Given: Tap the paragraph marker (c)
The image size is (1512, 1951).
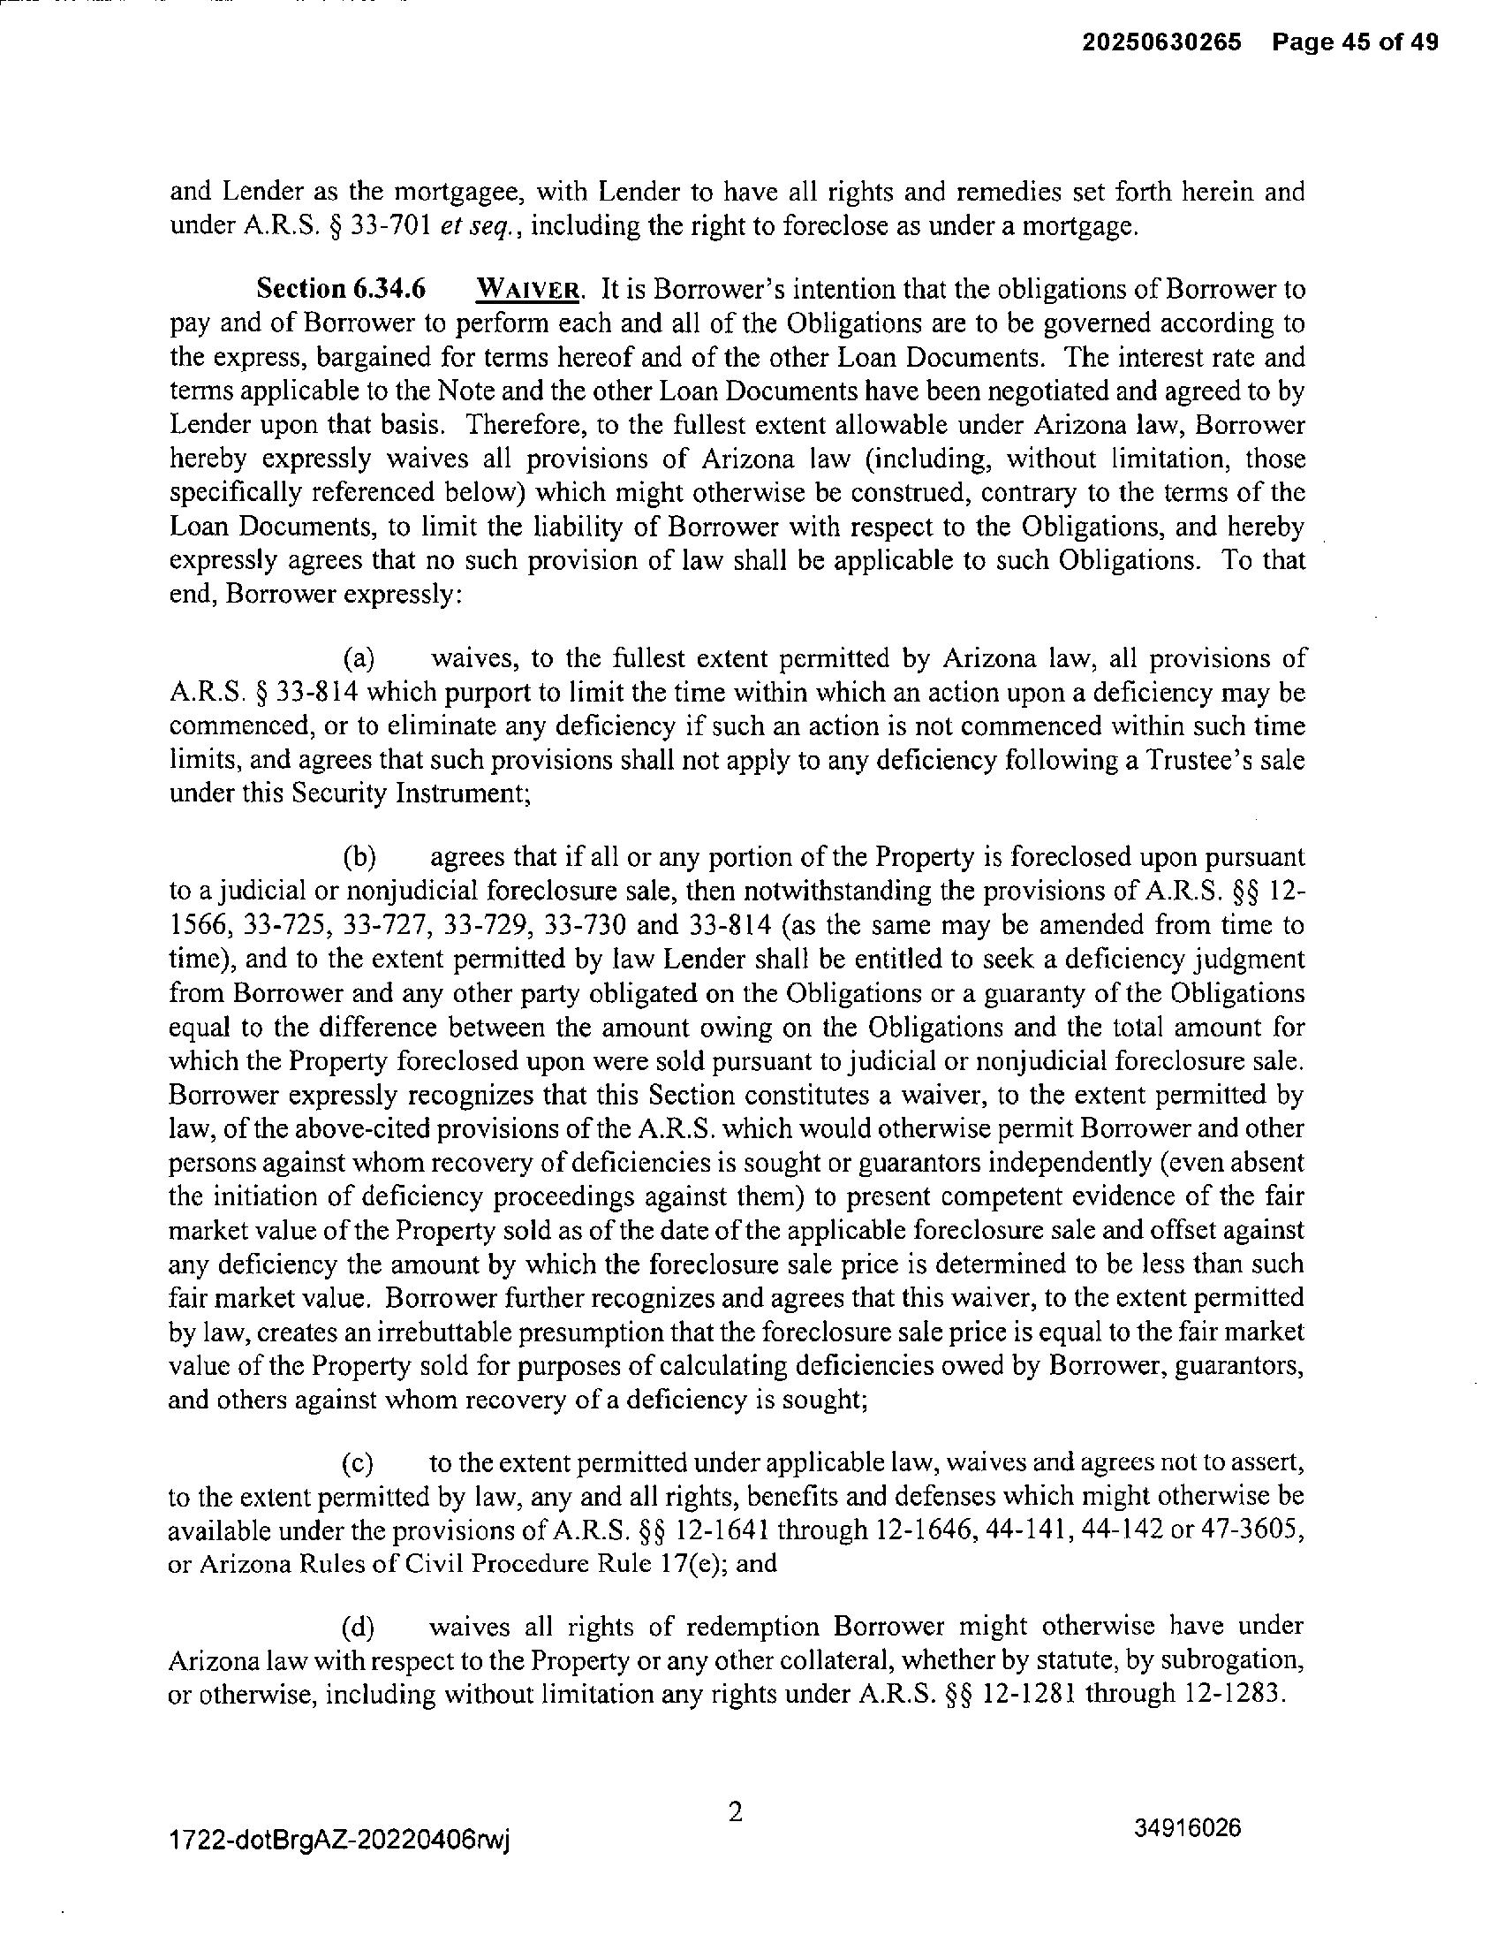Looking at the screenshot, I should click(359, 1463).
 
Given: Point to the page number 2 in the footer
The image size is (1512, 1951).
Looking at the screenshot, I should click(736, 1812).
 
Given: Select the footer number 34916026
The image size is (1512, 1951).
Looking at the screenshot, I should click(1188, 1827).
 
